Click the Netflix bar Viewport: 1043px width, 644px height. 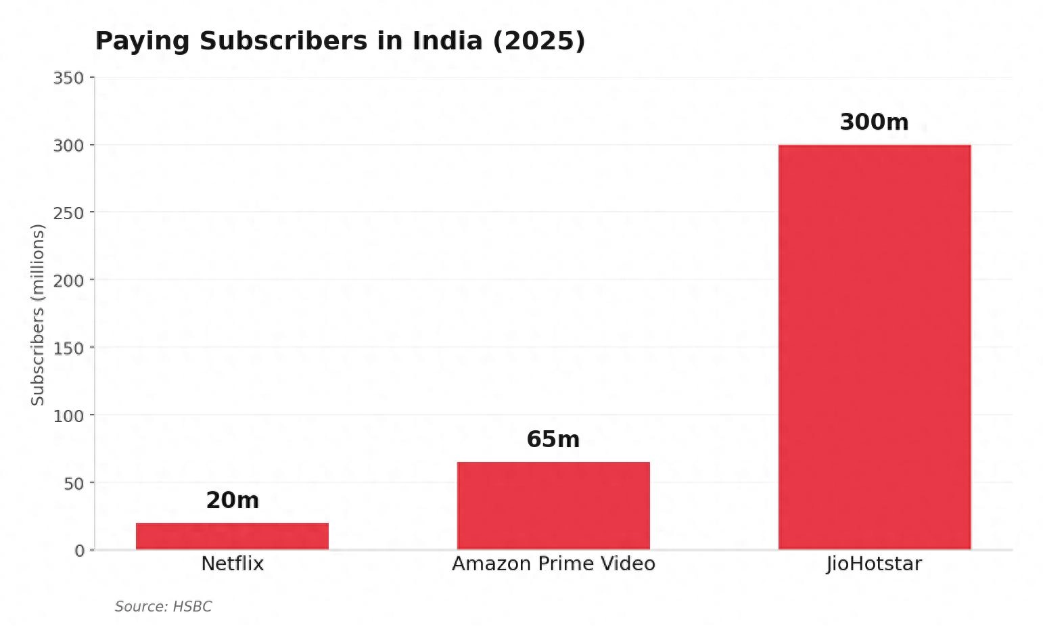(x=232, y=536)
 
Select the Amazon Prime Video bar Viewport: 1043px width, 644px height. (x=553, y=505)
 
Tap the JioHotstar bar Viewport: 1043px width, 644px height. (x=874, y=346)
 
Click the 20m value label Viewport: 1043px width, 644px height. (x=232, y=501)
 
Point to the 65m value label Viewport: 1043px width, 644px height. (x=553, y=440)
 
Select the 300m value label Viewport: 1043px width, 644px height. (x=874, y=122)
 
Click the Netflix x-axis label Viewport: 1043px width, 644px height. (x=232, y=563)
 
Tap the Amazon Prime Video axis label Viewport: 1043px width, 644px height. (x=553, y=563)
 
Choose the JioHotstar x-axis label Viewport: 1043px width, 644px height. (x=874, y=563)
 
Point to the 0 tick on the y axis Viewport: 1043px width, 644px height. (x=79, y=551)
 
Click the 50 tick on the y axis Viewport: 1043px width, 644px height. (x=74, y=483)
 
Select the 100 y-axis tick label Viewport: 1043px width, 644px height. (x=68, y=415)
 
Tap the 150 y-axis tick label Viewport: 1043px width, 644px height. (x=68, y=348)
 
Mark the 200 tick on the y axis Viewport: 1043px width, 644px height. (x=68, y=280)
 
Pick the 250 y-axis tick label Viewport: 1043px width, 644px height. (x=68, y=213)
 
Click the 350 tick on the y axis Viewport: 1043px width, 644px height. (x=68, y=78)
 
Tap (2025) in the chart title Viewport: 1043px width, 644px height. (x=538, y=41)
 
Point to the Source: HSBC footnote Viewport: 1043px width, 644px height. (x=163, y=607)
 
